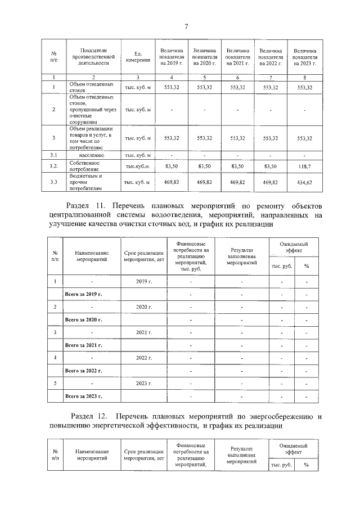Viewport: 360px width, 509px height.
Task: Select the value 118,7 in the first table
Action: click(304, 167)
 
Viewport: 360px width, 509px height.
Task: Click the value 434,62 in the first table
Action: click(304, 182)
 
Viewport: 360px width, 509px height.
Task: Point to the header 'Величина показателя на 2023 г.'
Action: click(304, 57)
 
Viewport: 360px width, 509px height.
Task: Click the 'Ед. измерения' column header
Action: click(137, 57)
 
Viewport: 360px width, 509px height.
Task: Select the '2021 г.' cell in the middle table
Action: click(144, 332)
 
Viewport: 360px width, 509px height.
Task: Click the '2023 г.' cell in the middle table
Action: click(144, 383)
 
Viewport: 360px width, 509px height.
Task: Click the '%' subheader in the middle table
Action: click(306, 265)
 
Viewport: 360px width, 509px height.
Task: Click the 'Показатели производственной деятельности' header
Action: click(90, 57)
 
